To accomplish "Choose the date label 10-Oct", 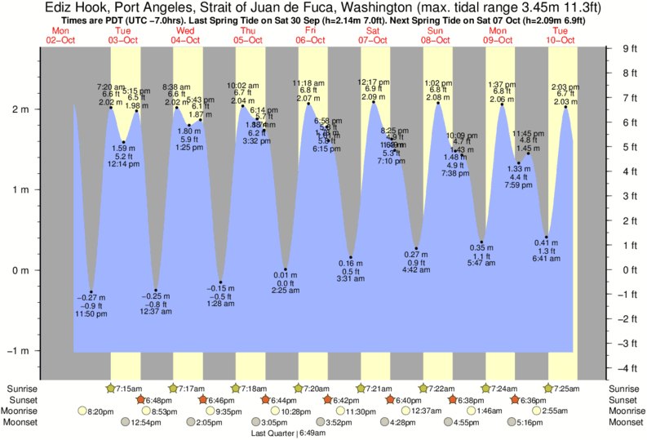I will point(561,39).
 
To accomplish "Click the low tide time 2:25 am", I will point(285,291).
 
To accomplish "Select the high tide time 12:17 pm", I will point(373,82).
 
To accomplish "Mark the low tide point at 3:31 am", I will point(351,257).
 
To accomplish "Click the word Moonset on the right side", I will point(626,423).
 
